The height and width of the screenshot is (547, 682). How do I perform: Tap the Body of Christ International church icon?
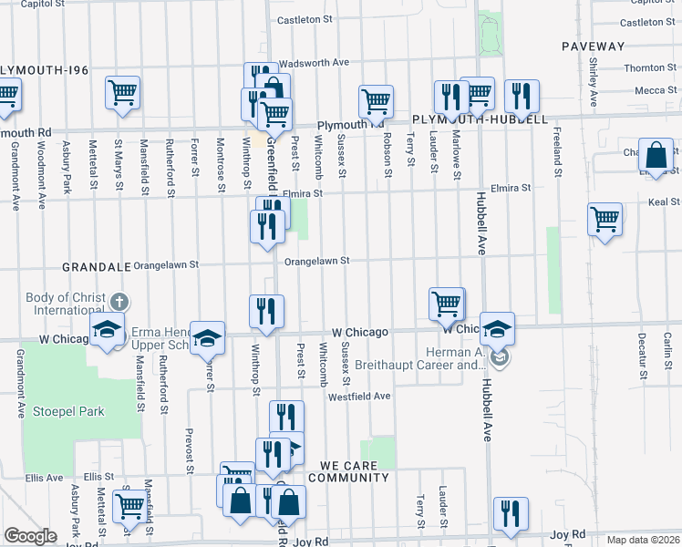(x=119, y=302)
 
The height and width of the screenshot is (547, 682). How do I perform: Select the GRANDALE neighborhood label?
(x=94, y=267)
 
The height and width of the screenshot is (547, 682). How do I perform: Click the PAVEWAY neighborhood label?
(x=593, y=46)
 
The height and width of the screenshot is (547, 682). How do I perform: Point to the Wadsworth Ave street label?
(x=315, y=63)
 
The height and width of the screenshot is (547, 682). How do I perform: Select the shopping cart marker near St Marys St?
(x=122, y=92)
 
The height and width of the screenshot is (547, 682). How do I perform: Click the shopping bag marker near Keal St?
(x=656, y=156)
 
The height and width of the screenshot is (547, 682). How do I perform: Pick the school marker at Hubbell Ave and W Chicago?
(x=497, y=330)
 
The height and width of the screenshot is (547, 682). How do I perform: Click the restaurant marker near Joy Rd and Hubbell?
(x=511, y=514)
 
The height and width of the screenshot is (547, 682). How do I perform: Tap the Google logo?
(x=30, y=536)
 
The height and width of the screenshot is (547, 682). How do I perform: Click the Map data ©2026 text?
(x=644, y=540)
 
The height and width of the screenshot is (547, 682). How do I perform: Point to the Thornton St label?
(x=645, y=67)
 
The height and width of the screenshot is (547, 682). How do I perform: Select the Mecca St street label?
(x=650, y=90)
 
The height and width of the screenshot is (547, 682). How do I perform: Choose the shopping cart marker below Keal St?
(x=604, y=220)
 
